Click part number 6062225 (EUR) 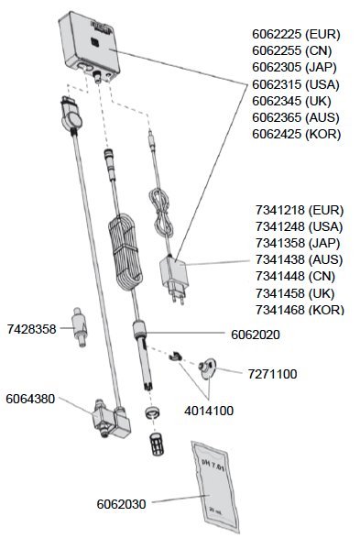tap(297, 33)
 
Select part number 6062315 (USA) tap(297, 83)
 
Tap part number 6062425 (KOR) tap(297, 134)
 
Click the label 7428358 tap(31, 328)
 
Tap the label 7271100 tap(272, 374)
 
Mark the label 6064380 tap(31, 399)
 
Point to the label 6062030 tap(122, 504)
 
